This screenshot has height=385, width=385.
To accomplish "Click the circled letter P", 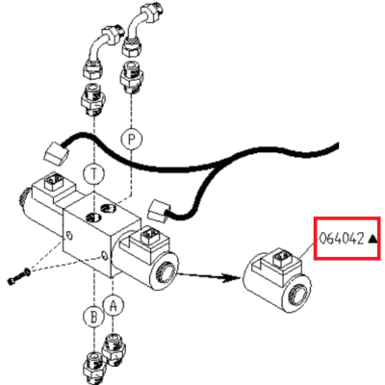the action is click(x=131, y=140).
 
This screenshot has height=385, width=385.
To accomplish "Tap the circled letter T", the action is click(x=93, y=174).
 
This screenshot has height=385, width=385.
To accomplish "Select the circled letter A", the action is click(x=113, y=305).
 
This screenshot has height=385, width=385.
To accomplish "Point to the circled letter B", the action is click(x=93, y=317).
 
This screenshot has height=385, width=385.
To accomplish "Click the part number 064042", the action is click(x=342, y=239).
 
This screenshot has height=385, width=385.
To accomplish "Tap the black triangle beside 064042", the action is click(x=372, y=239).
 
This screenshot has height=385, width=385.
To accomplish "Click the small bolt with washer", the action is click(x=18, y=276).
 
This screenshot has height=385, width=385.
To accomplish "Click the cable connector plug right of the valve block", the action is click(x=158, y=211).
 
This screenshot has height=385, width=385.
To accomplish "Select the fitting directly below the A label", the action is click(x=114, y=349).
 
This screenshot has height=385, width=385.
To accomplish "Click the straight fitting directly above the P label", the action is click(x=131, y=77).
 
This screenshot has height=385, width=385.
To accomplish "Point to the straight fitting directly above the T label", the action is click(x=92, y=98).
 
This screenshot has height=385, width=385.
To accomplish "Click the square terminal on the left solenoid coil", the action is click(x=51, y=181).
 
